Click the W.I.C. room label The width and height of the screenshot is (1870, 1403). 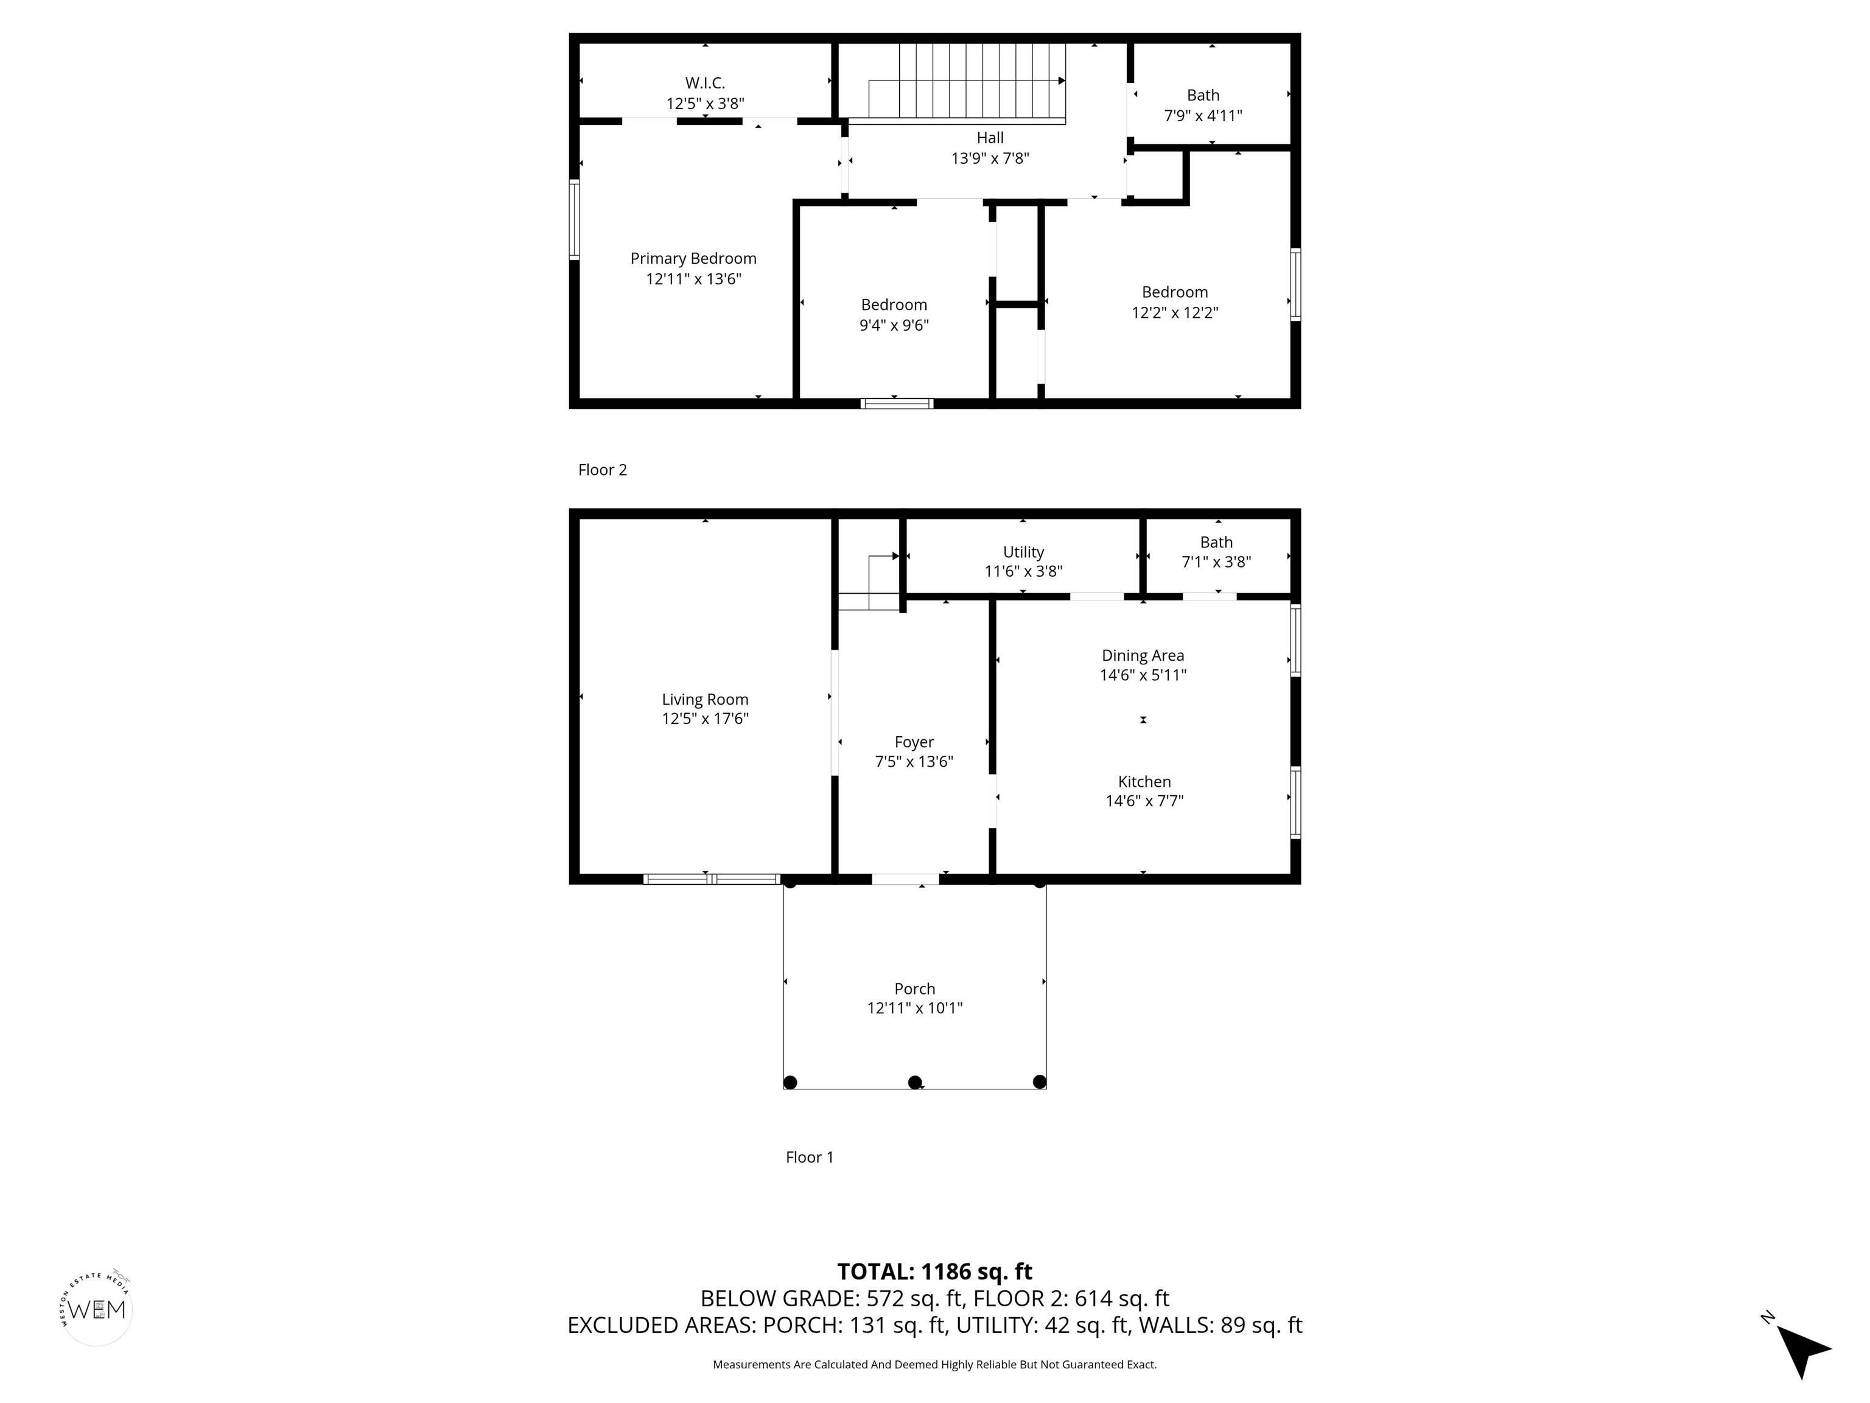click(704, 83)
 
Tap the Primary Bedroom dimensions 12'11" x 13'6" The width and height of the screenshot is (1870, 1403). click(693, 279)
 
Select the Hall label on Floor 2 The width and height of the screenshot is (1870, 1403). click(990, 138)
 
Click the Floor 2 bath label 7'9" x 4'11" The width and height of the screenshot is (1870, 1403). click(1203, 116)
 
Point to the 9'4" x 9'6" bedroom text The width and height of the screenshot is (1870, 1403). click(894, 325)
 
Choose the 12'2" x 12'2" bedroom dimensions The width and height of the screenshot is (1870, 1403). click(1174, 312)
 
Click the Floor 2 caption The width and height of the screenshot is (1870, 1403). click(602, 469)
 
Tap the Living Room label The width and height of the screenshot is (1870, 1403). click(704, 700)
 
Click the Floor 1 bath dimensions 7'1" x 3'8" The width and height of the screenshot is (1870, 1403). click(1216, 561)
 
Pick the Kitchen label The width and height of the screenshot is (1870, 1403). click(1144, 781)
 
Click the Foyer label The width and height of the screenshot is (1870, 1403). click(914, 742)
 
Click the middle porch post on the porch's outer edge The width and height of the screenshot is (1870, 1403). click(914, 1081)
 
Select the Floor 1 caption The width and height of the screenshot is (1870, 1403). click(809, 1157)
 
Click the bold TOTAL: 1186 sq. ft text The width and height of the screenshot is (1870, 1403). click(934, 1271)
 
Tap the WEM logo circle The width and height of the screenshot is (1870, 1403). click(97, 1309)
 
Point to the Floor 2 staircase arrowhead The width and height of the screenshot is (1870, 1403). click(1061, 81)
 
